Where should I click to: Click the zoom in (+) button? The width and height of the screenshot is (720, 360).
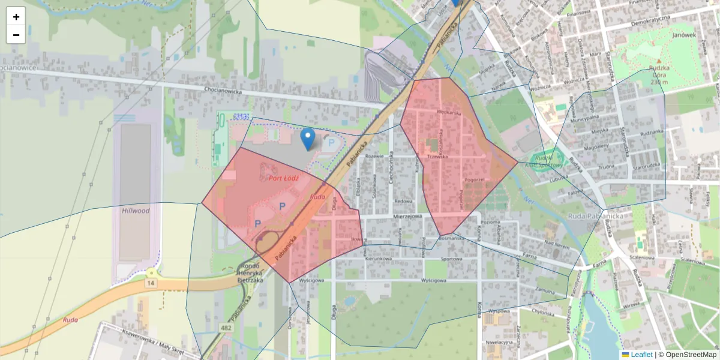tap(16, 16)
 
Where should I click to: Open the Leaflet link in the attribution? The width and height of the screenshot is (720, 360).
tap(641, 355)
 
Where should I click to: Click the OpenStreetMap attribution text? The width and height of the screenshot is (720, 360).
tap(691, 355)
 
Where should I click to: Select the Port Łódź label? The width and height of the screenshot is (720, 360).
tap(284, 178)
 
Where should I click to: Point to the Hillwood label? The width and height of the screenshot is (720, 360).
tap(135, 211)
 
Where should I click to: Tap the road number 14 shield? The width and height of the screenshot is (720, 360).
tap(151, 282)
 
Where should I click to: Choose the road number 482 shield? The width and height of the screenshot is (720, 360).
tap(226, 328)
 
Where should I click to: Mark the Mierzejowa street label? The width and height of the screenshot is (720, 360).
tap(408, 216)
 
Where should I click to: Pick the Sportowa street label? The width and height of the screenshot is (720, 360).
tap(451, 260)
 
